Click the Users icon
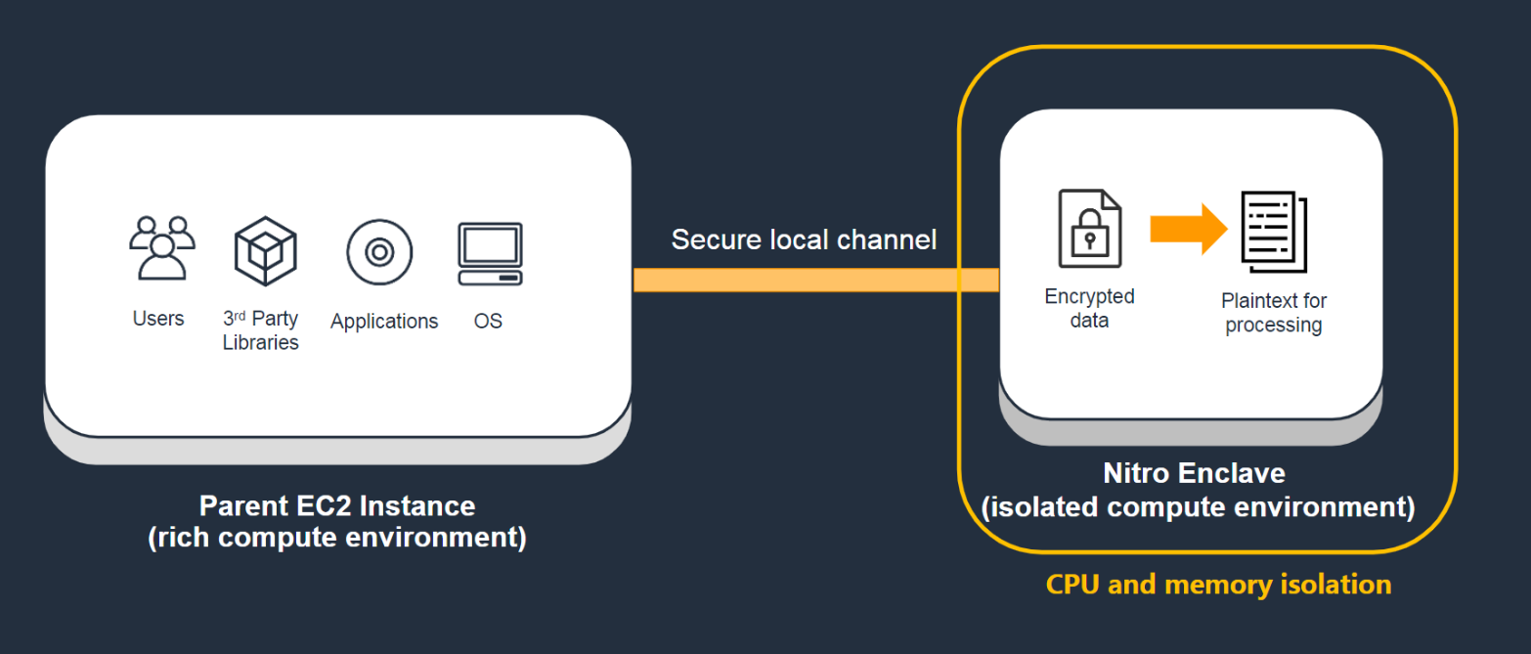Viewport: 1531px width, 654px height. (x=161, y=248)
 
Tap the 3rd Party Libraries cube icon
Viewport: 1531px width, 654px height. (x=265, y=250)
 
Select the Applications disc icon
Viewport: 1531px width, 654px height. (x=379, y=251)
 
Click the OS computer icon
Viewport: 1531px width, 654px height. (x=490, y=253)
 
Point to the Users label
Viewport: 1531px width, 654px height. (x=158, y=319)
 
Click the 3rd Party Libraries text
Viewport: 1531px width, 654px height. (x=260, y=330)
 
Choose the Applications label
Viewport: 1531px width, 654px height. (x=384, y=321)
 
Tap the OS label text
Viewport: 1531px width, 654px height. (x=488, y=321)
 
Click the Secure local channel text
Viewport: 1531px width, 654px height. (x=804, y=240)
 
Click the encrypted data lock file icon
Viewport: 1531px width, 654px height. (x=1090, y=229)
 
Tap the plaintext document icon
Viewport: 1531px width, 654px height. (x=1274, y=232)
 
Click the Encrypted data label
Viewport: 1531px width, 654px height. (x=1089, y=308)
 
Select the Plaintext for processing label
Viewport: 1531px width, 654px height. (x=1274, y=313)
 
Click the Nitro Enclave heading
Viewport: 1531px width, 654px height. (x=1194, y=473)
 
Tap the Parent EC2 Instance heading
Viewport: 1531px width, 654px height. (x=337, y=505)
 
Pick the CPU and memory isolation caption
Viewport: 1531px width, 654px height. (x=1218, y=585)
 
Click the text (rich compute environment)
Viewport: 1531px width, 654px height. (x=337, y=539)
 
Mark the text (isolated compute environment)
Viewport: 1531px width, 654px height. (x=1198, y=507)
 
